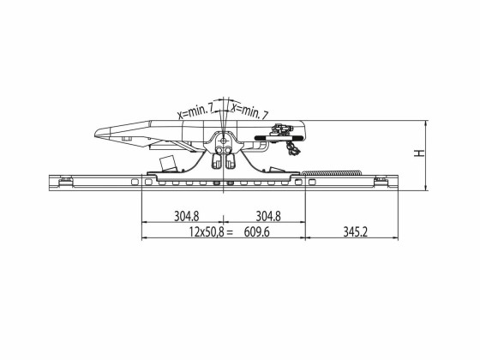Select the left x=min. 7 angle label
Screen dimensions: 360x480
pyautogui.click(x=196, y=109)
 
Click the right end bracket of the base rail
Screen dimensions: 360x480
pyautogui.click(x=381, y=180)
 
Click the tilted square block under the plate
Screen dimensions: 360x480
pyautogui.click(x=169, y=163)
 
